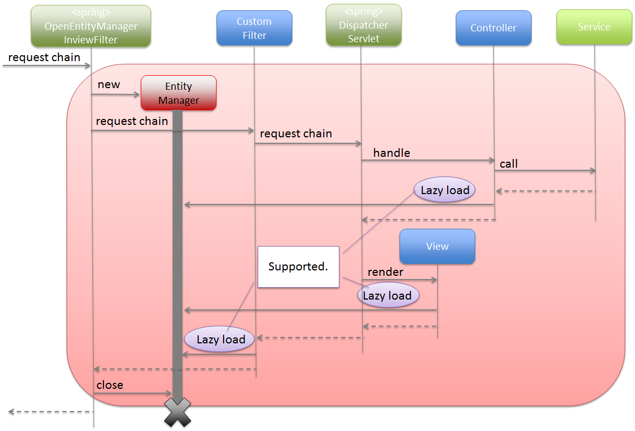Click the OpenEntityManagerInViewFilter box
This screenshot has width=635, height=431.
91,26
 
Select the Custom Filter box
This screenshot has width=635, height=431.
254,28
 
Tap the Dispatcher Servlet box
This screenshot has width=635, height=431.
363,25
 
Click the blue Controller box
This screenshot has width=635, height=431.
493,28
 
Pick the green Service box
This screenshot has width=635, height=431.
594,27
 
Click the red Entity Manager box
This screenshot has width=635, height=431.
179,93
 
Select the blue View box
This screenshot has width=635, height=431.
437,247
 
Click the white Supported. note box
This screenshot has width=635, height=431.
298,267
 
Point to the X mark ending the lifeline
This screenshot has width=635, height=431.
178,412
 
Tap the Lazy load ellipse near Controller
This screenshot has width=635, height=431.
445,190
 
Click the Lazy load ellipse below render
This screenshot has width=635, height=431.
388,296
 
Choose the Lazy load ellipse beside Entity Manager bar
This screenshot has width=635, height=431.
220,340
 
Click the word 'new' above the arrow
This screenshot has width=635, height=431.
109,84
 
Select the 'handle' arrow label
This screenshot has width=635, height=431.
391,153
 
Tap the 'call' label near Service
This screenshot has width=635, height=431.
509,163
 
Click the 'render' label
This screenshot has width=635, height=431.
385,271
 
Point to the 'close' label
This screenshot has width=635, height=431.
110,385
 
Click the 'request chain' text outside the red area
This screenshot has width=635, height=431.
44,57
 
